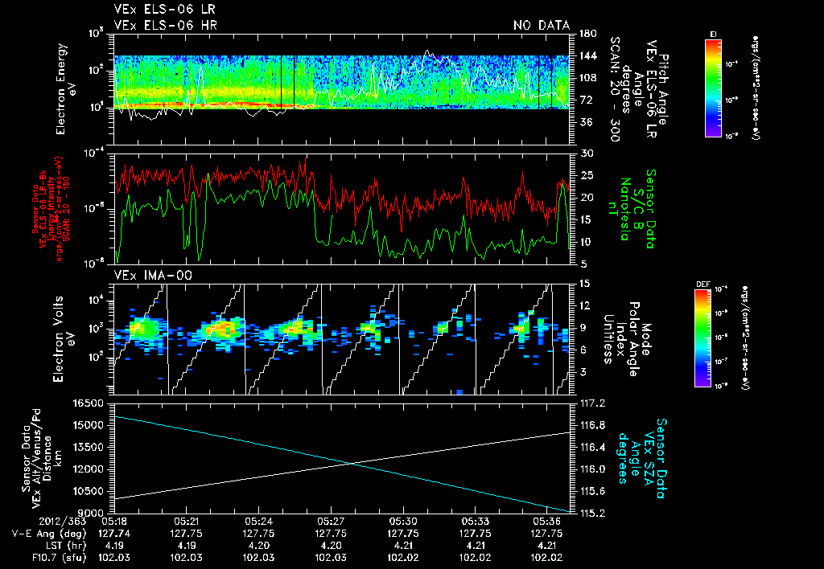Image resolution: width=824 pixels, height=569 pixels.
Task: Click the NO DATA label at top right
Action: coord(541,26)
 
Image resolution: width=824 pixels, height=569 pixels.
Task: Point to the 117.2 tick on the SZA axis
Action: coord(591,403)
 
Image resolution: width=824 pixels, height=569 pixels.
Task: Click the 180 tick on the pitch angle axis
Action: coord(585,34)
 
